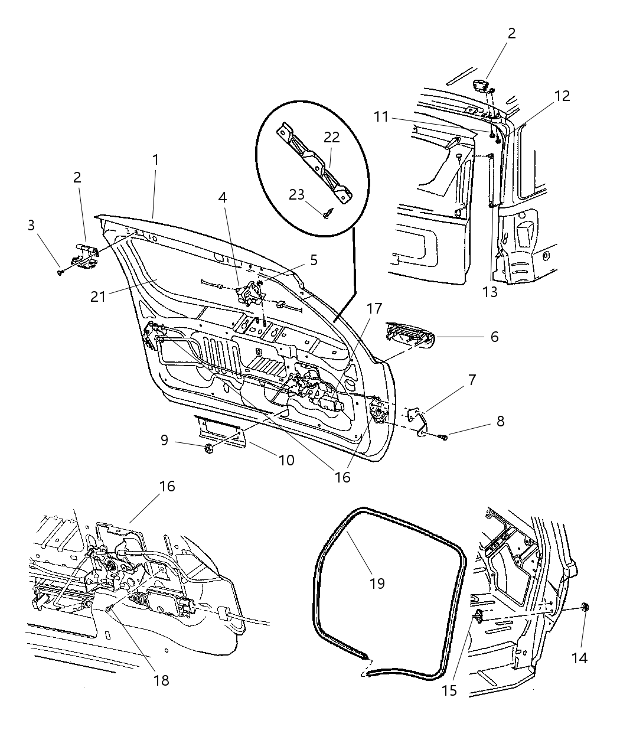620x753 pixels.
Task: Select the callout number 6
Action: click(494, 337)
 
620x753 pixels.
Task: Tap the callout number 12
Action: click(562, 96)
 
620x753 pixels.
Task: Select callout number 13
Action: click(490, 291)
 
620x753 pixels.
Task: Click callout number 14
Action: click(580, 657)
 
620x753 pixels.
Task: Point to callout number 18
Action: click(161, 680)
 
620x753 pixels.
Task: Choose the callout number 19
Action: click(377, 583)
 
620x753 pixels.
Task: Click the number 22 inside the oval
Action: click(332, 137)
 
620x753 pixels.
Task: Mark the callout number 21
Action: click(98, 295)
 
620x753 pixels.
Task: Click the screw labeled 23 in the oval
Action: click(327, 215)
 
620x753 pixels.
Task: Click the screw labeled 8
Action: click(444, 437)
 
